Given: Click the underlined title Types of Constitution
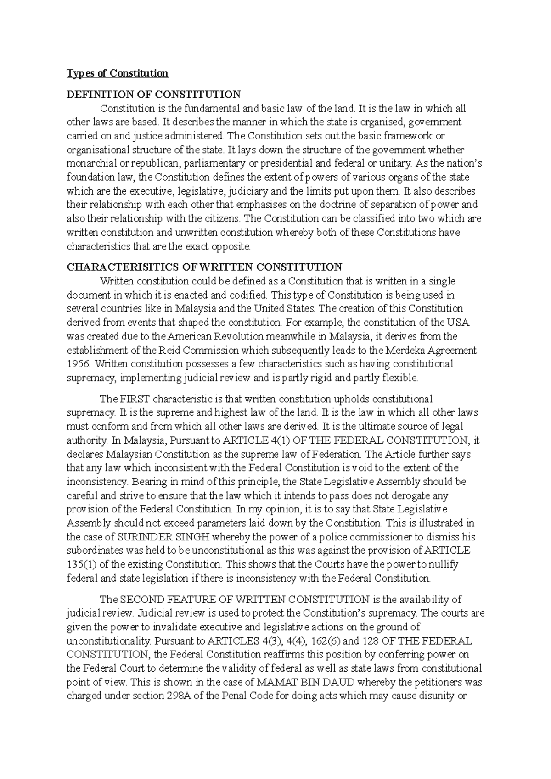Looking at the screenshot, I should pyautogui.click(x=118, y=73).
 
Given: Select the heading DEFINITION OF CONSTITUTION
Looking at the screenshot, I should pyautogui.click(x=154, y=95).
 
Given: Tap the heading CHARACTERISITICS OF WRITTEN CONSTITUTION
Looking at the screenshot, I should pyautogui.click(x=204, y=267).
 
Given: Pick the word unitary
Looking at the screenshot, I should pyautogui.click(x=394, y=164).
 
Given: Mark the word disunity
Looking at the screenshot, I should pyautogui.click(x=438, y=696).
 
